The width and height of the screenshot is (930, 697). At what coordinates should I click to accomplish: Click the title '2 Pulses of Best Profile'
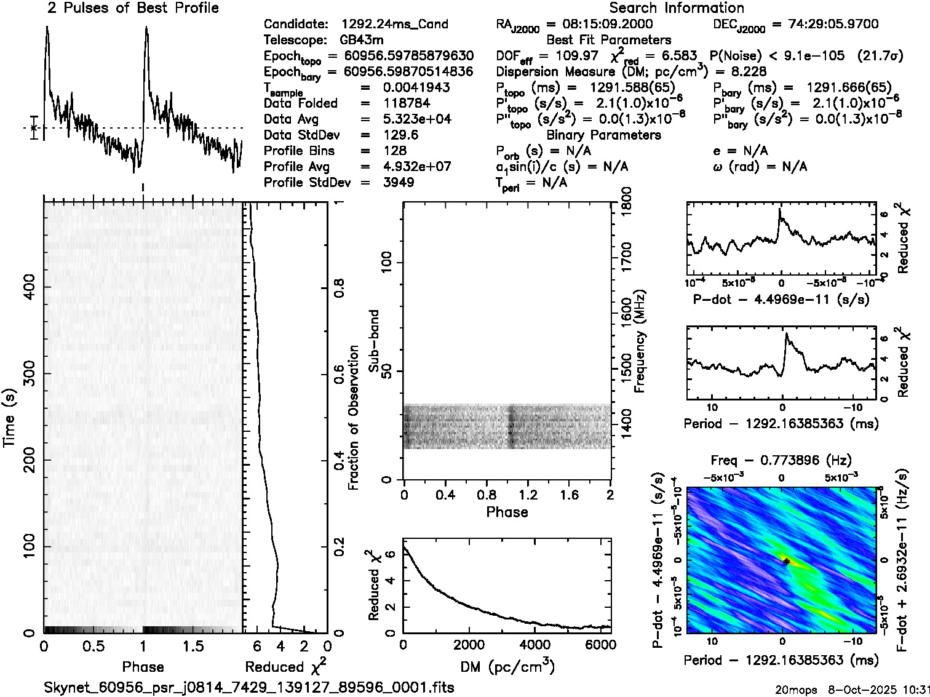(133, 8)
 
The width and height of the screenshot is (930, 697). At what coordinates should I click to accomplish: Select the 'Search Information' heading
(676, 8)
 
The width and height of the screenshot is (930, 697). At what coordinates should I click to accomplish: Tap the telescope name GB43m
(362, 40)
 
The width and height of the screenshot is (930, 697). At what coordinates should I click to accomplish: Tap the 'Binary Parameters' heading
(603, 135)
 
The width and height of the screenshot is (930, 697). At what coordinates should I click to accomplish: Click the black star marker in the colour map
(786, 561)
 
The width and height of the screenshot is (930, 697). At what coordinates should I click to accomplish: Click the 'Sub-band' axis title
(374, 340)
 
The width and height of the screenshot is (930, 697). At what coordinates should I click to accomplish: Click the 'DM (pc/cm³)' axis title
(507, 666)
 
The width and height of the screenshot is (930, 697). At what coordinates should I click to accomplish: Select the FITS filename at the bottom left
(249, 687)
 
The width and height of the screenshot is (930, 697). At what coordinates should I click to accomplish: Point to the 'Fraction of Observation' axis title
(354, 417)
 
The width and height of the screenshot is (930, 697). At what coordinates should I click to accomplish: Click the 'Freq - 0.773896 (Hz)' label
(781, 460)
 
